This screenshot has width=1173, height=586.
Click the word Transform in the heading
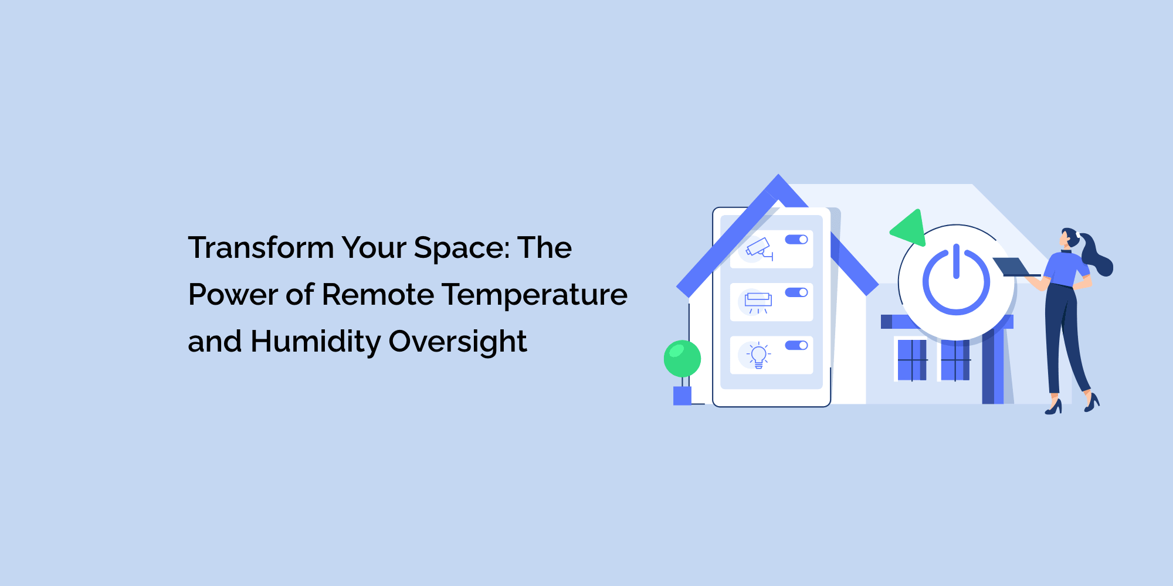(x=261, y=247)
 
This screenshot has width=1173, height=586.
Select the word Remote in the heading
(x=378, y=294)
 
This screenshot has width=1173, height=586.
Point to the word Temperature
(x=535, y=294)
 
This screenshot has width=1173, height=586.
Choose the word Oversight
(x=458, y=342)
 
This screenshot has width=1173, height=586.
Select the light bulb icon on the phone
(x=758, y=355)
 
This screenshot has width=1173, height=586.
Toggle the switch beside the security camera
(x=796, y=239)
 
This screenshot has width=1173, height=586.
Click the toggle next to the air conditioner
(x=796, y=292)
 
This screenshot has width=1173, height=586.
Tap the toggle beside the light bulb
(x=796, y=345)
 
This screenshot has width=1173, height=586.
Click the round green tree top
(x=682, y=359)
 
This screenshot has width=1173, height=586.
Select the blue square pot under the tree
(x=682, y=396)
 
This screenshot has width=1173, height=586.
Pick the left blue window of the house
(x=912, y=360)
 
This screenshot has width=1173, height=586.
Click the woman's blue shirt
(x=1064, y=268)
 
